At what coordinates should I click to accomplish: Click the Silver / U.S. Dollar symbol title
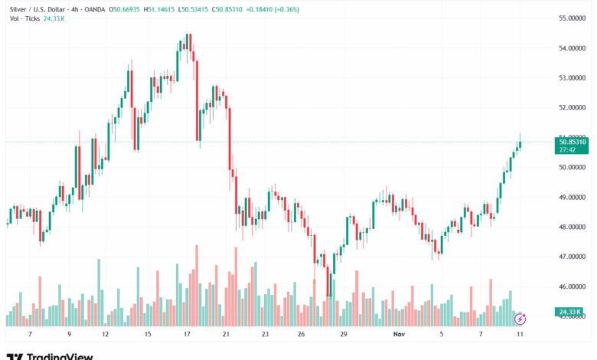[39, 9]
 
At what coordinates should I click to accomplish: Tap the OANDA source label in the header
[94, 9]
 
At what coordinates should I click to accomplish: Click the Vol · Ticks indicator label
[22, 19]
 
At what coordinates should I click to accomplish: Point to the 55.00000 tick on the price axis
[573, 18]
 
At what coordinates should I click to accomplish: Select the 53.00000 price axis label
[573, 77]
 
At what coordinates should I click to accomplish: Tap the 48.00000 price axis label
[573, 227]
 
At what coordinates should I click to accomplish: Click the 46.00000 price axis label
[573, 286]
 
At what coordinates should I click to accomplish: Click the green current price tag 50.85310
[573, 142]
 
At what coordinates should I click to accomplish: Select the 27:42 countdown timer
[567, 150]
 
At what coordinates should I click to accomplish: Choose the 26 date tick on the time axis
[302, 335]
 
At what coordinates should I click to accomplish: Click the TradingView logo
[50, 355]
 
